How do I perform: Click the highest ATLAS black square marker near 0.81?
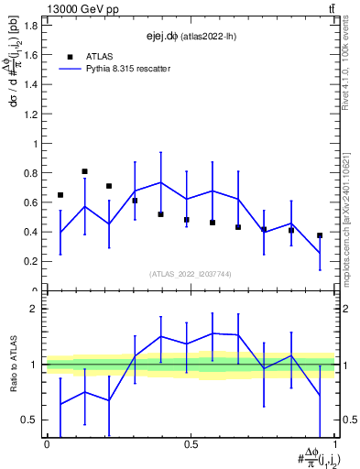pyautogui.click(x=84, y=171)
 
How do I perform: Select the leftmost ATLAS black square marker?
pyautogui.click(x=60, y=195)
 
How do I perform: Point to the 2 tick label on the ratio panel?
pyautogui.click(x=34, y=310)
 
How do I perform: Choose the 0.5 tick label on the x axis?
pyautogui.click(x=191, y=445)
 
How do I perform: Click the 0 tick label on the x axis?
pyautogui.click(x=47, y=445)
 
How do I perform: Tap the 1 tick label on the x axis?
pyautogui.click(x=334, y=445)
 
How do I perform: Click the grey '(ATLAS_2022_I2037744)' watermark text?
pyautogui.click(x=190, y=274)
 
